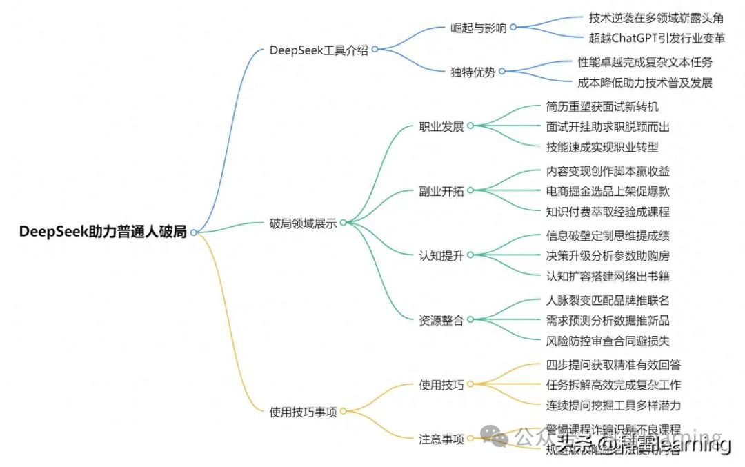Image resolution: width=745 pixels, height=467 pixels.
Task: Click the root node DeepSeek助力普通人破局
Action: coord(103,232)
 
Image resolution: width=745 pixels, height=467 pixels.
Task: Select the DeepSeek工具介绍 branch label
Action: coord(319,50)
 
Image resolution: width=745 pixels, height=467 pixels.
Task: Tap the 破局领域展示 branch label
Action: coord(303,223)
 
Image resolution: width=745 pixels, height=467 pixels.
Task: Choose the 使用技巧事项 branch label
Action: coord(303,412)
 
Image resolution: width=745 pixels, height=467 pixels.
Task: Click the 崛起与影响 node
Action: coord(478,28)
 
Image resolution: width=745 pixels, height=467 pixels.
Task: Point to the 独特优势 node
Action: coord(473,72)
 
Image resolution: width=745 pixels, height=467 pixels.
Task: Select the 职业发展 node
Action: coord(441,126)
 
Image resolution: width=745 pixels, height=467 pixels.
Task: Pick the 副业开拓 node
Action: coord(441,191)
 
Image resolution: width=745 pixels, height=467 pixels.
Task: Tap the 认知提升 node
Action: coord(441,255)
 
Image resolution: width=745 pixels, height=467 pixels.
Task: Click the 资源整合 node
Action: coord(441,319)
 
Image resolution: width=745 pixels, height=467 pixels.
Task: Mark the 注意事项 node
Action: coord(441,439)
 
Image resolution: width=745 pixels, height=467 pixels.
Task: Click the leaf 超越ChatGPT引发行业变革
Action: coord(657,37)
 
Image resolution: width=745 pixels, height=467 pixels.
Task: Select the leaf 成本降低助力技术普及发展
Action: coord(645,83)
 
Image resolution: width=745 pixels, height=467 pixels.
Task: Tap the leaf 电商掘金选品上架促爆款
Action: coord(607,191)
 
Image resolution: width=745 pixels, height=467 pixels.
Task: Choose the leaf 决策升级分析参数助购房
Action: coord(607,255)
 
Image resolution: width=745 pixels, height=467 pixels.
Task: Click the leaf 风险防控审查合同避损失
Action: coord(607,341)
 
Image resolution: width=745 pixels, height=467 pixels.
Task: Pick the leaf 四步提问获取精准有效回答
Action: coord(613,364)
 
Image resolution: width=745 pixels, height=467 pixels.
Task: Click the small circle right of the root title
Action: coord(194,232)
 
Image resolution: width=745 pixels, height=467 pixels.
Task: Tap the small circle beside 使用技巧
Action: coord(470,384)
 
